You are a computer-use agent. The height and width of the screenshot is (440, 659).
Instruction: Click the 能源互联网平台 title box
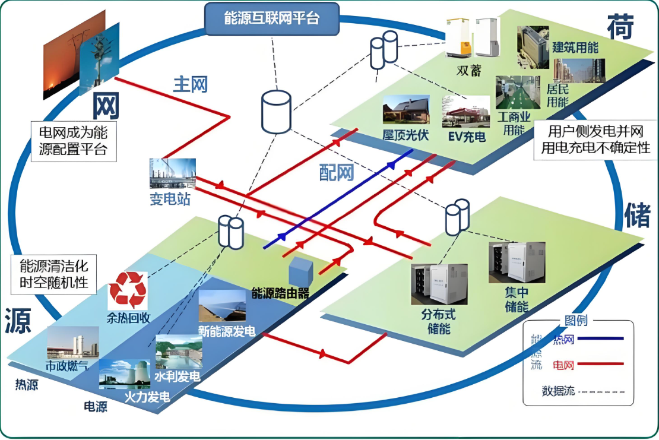(272, 18)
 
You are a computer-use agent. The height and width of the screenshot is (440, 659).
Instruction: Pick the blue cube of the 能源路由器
(300, 273)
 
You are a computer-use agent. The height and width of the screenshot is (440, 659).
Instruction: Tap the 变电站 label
(170, 199)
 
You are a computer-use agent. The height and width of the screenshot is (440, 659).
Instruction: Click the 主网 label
(190, 84)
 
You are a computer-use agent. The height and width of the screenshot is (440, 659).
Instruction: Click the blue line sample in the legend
(601, 338)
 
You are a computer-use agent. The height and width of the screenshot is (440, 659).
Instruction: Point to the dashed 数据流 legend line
(601, 391)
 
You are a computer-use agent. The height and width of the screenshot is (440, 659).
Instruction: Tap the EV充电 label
(466, 137)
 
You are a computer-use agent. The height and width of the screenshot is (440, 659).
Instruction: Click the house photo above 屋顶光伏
(406, 110)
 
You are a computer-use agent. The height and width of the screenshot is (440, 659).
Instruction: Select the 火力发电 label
(147, 396)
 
